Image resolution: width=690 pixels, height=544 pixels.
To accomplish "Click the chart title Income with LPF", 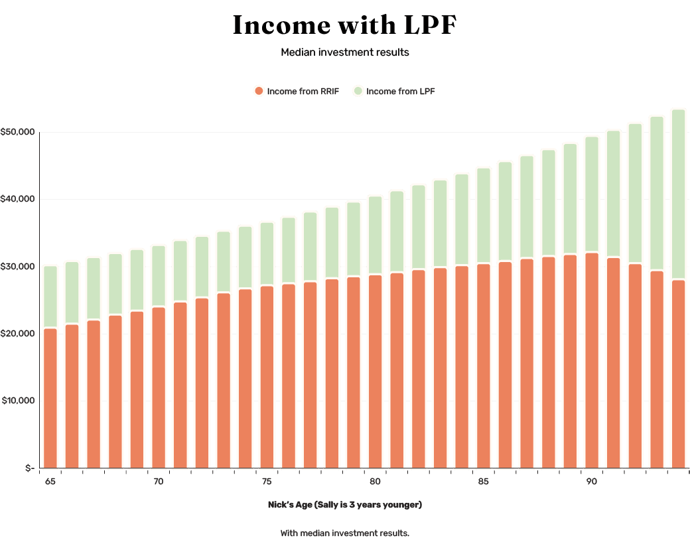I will click(344, 25).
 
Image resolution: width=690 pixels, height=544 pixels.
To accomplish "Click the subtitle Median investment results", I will click(344, 52).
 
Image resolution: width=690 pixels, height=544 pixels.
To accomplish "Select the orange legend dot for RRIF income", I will click(259, 91).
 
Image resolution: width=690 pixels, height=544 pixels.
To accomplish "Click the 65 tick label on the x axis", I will click(50, 482).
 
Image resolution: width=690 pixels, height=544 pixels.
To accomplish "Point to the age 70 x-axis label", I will click(158, 482).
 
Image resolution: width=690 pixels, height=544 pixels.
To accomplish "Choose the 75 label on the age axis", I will click(267, 482).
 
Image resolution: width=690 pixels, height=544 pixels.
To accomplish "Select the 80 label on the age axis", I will click(375, 482).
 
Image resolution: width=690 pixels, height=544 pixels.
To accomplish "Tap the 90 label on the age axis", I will click(591, 482).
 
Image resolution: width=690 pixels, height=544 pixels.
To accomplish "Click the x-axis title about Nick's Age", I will click(344, 505).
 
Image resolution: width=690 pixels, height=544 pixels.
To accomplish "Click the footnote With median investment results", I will click(344, 533).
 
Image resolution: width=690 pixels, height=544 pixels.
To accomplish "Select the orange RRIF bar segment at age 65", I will click(50, 398).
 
